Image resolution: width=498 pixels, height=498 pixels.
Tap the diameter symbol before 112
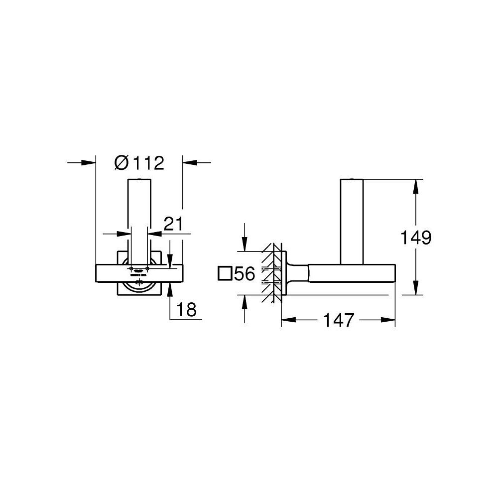[x=121, y=162]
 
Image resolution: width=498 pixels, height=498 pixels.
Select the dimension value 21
[x=174, y=224]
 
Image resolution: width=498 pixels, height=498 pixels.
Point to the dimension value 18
[x=186, y=310]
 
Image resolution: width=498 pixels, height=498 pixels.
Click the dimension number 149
[x=416, y=238]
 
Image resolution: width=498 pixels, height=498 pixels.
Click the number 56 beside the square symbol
[x=245, y=273]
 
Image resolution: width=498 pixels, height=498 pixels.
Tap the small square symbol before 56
[x=225, y=273]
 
